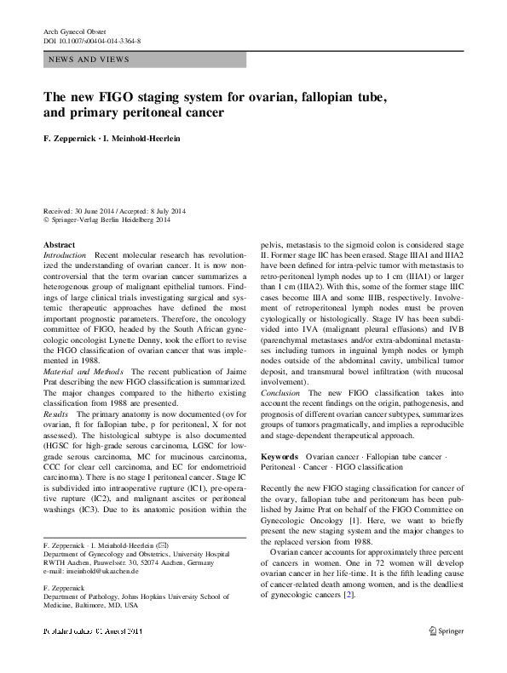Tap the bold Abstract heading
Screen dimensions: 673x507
point(58,244)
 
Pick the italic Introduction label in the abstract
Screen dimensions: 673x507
point(64,255)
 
